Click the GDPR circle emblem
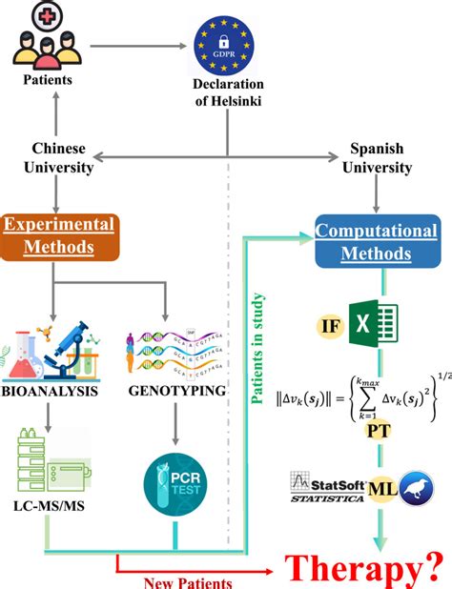[x=226, y=47]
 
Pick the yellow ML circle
[x=382, y=491]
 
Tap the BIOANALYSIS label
[x=55, y=390]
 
